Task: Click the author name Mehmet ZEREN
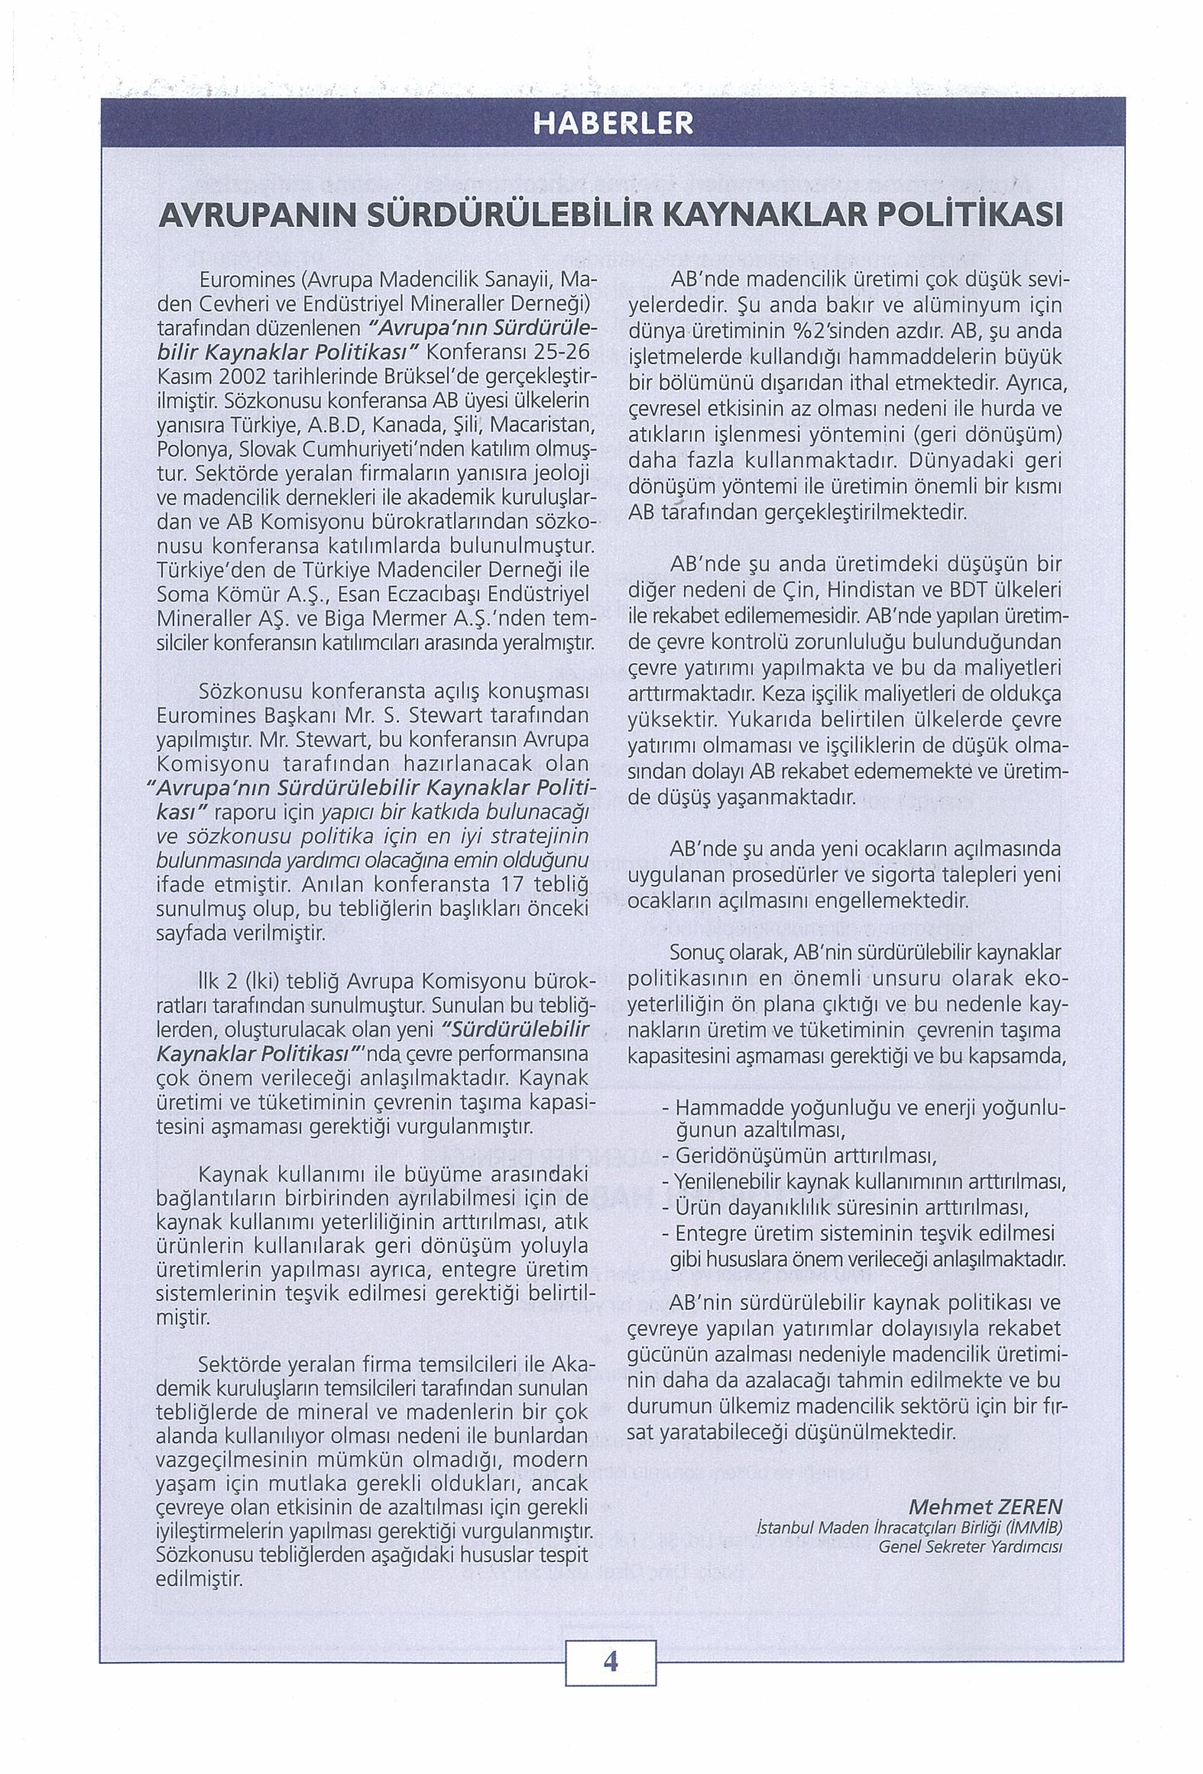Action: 985,1506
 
